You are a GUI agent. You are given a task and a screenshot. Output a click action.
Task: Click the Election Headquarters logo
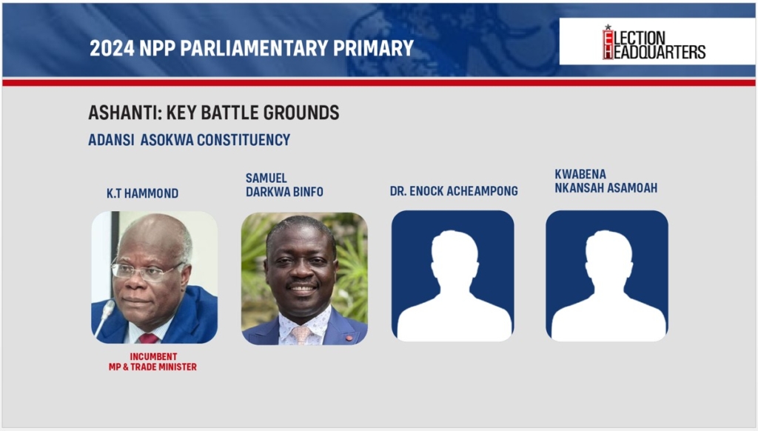pyautogui.click(x=654, y=42)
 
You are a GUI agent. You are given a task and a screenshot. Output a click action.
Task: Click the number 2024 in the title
pyautogui.click(x=112, y=48)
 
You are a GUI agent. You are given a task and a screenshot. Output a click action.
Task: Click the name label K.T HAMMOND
pyautogui.click(x=143, y=193)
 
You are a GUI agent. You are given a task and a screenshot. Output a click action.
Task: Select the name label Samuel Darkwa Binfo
pyautogui.click(x=284, y=185)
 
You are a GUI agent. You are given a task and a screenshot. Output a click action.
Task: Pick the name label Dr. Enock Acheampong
pyautogui.click(x=454, y=191)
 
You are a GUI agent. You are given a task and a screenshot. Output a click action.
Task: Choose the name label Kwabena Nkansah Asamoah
pyautogui.click(x=606, y=181)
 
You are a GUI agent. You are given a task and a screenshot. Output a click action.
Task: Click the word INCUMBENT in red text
pyautogui.click(x=153, y=356)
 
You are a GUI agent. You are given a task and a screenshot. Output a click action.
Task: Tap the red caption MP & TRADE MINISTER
pyautogui.click(x=152, y=367)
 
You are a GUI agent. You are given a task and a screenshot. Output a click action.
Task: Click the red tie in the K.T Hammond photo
pyautogui.click(x=148, y=338)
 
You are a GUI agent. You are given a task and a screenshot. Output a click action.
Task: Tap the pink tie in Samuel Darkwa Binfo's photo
pyautogui.click(x=301, y=335)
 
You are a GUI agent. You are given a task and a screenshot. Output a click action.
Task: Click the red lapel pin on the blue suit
pyautogui.click(x=349, y=338)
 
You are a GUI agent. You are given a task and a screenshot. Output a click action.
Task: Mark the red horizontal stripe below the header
pyautogui.click(x=379, y=83)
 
